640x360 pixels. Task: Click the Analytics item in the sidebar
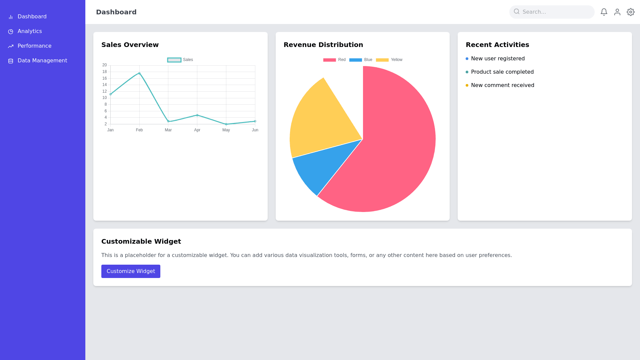click(x=29, y=31)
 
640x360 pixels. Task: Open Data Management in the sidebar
click(x=42, y=61)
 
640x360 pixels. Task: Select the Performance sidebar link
click(x=34, y=46)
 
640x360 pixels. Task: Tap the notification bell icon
click(x=604, y=12)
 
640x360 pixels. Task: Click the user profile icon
click(x=617, y=12)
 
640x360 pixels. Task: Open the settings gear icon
click(x=631, y=12)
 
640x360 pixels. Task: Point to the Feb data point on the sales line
click(x=139, y=73)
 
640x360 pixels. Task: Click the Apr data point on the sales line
click(x=197, y=115)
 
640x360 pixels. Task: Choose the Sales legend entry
click(x=180, y=60)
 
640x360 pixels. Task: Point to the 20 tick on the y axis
click(x=105, y=65)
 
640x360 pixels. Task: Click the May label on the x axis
click(x=226, y=130)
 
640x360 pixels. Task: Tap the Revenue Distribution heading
click(x=323, y=45)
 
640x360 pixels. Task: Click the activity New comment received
click(x=502, y=85)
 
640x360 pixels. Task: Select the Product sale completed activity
click(x=502, y=72)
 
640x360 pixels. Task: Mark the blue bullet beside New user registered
click(x=467, y=59)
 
